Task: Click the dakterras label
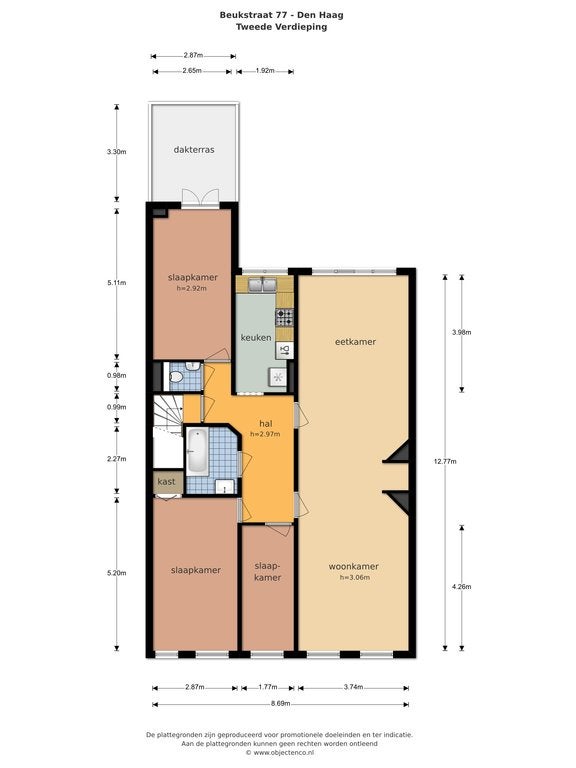click(x=194, y=150)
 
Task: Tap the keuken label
click(x=256, y=337)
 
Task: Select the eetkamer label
click(x=355, y=342)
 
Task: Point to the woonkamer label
click(x=353, y=567)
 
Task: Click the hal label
click(x=265, y=424)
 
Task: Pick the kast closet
click(x=168, y=482)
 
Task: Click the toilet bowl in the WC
click(x=176, y=377)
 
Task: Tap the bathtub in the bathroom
click(x=196, y=450)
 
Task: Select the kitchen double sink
click(x=263, y=285)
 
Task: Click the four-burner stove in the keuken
click(x=284, y=317)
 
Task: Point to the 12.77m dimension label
click(x=445, y=461)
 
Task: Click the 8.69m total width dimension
click(x=281, y=704)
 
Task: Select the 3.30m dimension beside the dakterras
click(x=117, y=152)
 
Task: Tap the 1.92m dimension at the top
click(x=265, y=71)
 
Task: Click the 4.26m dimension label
click(x=461, y=586)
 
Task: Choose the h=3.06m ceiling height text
click(x=355, y=577)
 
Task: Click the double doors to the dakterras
click(x=199, y=199)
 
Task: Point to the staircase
click(x=168, y=414)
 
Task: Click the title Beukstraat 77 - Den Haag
click(x=282, y=15)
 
